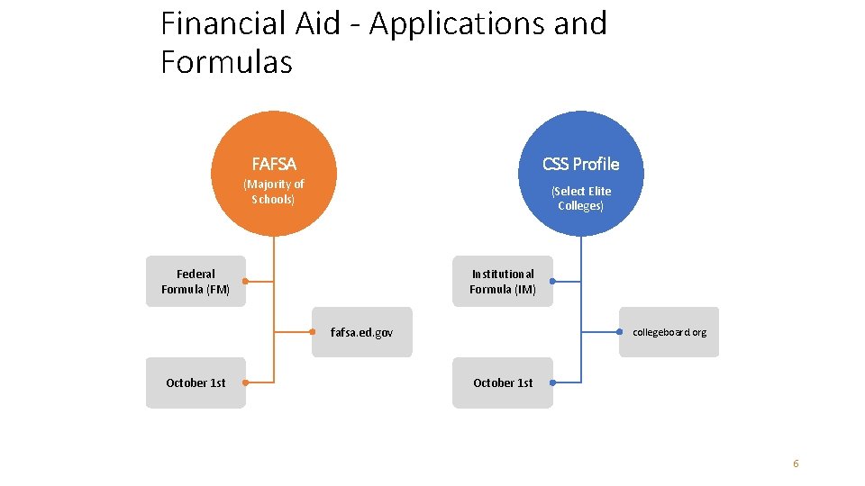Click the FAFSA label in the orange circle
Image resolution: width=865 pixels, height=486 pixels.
click(274, 164)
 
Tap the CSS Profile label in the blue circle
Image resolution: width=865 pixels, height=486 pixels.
click(580, 164)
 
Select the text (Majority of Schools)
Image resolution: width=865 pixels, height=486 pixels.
click(274, 192)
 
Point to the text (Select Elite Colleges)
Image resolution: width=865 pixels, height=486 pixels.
click(580, 198)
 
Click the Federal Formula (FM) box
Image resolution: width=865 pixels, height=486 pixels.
click(196, 282)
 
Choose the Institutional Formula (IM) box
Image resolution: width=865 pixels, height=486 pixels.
click(502, 282)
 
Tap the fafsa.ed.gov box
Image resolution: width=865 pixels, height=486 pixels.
click(362, 332)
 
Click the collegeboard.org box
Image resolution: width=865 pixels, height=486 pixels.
click(669, 332)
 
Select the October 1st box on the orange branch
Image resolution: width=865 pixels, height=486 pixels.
click(196, 382)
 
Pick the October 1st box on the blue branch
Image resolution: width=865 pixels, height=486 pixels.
click(502, 382)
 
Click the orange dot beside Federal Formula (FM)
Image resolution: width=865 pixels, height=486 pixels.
click(245, 282)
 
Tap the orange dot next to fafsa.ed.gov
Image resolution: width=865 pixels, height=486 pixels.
click(313, 332)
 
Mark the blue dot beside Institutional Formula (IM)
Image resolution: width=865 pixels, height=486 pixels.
click(552, 282)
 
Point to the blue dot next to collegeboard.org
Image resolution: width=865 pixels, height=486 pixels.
click(620, 332)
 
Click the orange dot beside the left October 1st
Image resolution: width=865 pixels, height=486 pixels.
click(245, 382)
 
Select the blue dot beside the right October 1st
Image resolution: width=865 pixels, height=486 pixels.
click(552, 382)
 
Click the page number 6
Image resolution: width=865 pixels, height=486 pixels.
click(796, 463)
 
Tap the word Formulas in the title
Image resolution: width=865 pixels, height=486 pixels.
click(226, 62)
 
